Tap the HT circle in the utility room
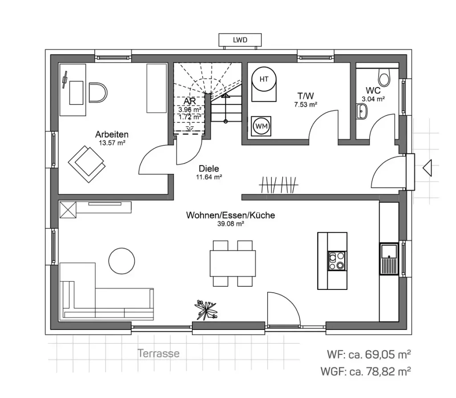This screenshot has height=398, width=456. tap(264, 80)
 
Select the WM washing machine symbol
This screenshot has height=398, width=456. tap(262, 126)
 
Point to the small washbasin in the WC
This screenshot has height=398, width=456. tap(361, 111)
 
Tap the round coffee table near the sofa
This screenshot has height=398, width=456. tap(122, 261)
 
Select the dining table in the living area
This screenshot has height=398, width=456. tap(233, 263)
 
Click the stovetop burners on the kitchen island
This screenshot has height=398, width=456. tap(337, 261)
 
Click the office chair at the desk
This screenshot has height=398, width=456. tap(98, 92)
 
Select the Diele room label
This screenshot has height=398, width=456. tap(209, 169)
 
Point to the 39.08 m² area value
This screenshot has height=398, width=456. tap(231, 224)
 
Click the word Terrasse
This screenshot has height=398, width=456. tap(159, 354)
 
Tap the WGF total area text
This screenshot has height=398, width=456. tap(366, 370)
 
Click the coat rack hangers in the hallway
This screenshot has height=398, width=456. tap(279, 185)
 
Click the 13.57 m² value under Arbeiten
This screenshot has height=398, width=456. tap(112, 143)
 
